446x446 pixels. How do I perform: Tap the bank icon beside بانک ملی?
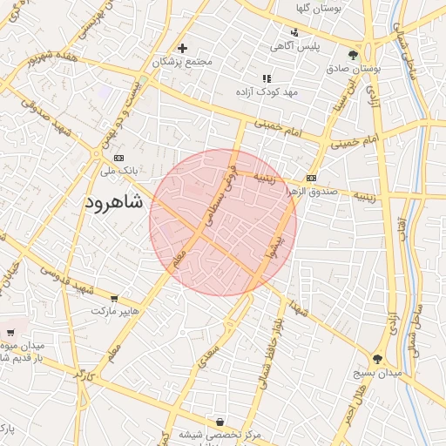coord(119,158)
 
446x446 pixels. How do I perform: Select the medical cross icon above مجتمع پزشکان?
coord(182,49)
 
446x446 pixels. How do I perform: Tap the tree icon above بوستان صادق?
coord(353,55)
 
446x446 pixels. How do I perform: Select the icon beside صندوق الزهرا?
coord(311,179)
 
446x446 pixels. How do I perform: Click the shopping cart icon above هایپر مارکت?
coord(114,299)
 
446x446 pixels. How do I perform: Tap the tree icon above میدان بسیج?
coord(377,358)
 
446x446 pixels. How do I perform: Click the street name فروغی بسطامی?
coord(220,189)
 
